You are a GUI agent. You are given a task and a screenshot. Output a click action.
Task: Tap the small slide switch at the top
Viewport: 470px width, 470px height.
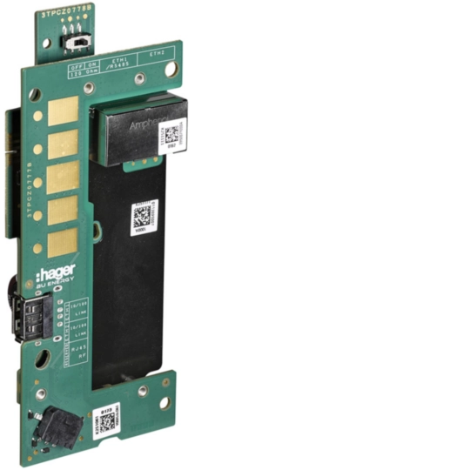pyautogui.click(x=77, y=40)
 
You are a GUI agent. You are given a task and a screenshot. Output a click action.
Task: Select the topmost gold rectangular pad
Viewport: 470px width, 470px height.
pyautogui.click(x=63, y=110)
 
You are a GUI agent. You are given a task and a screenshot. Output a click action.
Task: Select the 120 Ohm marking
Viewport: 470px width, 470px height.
pyautogui.click(x=80, y=69)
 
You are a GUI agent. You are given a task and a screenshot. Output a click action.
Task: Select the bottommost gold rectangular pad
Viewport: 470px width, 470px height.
pyautogui.click(x=62, y=245)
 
